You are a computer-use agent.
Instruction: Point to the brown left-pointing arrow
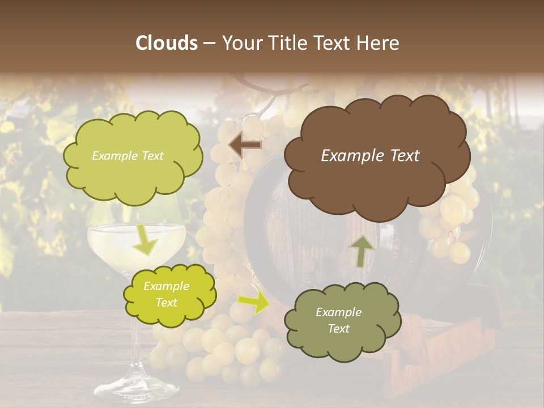tap(245, 145)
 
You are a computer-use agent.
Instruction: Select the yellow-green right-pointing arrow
tap(254, 303)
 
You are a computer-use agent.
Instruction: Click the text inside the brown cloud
tap(370, 156)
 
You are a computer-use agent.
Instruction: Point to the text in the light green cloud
tap(127, 156)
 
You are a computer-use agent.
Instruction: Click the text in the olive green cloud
tap(338, 320)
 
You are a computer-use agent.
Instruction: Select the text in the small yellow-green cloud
tap(166, 295)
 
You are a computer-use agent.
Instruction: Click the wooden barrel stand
tap(431, 363)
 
